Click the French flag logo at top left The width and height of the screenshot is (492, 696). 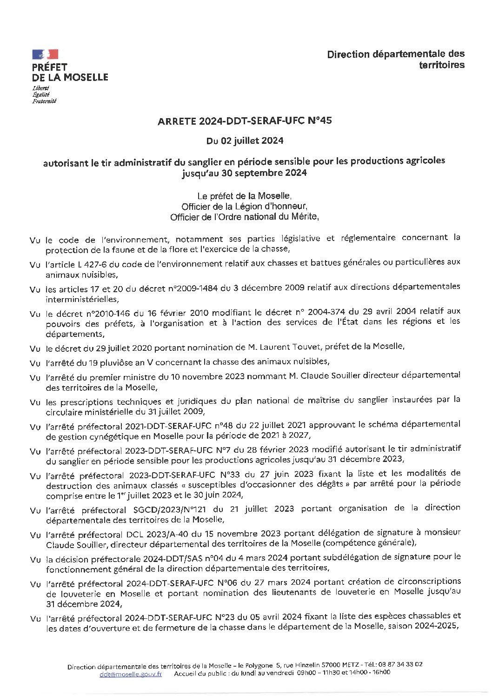[x=45, y=54]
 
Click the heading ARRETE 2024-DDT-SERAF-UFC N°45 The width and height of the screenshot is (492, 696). [x=245, y=122]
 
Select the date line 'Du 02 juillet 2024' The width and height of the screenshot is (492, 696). [x=245, y=140]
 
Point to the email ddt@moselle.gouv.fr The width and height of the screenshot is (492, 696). [x=130, y=673]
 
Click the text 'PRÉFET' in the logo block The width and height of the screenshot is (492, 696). [x=50, y=67]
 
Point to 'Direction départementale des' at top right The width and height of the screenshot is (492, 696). [x=396, y=54]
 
